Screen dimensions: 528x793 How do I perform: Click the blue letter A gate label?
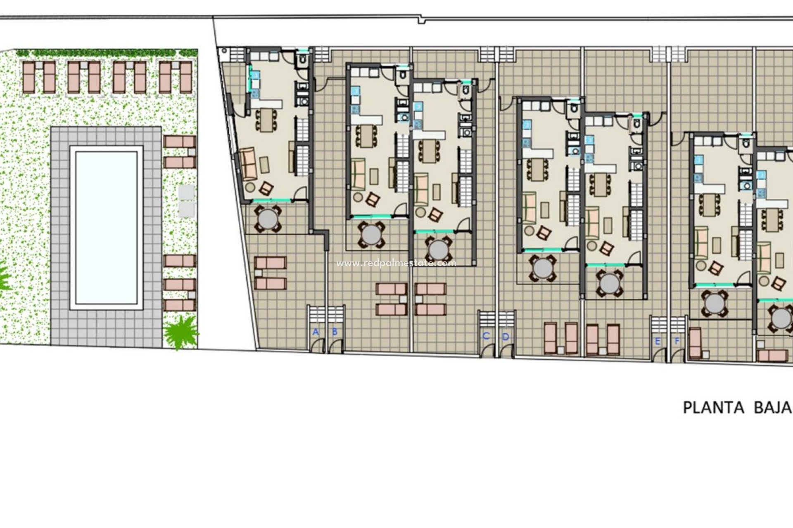coord(316,332)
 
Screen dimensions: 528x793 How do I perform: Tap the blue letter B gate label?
coord(335,332)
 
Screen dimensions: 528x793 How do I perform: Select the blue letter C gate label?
coord(486,336)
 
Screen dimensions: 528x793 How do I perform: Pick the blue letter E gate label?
coord(658,341)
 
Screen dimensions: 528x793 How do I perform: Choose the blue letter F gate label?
coord(677,341)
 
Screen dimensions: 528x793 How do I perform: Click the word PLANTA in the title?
coord(713,408)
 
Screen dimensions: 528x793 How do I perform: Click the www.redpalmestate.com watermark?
coord(396,263)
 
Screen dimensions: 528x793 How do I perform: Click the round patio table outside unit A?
coord(268,219)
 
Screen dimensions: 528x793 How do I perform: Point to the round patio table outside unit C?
coord(439,249)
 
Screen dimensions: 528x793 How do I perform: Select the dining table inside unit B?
coord(366,136)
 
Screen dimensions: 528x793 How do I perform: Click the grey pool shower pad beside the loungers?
coord(187,200)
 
